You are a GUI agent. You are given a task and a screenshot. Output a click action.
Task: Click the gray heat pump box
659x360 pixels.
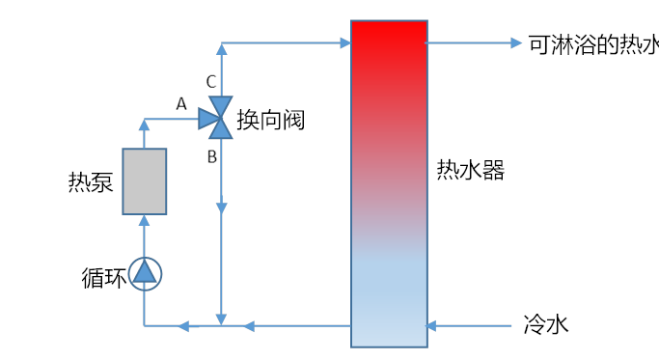pos(145,180)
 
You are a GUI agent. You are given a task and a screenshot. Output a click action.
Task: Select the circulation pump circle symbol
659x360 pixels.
pos(145,272)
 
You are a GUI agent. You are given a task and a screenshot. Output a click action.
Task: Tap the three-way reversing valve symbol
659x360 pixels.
pos(217,117)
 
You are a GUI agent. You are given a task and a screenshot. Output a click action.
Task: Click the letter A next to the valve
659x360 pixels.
pos(180,102)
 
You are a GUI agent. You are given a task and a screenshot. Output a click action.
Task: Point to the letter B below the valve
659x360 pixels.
pos(211,154)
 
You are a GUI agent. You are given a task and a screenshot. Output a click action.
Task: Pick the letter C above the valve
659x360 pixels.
pos(210,81)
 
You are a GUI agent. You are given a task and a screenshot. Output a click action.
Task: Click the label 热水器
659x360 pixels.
pos(471,171)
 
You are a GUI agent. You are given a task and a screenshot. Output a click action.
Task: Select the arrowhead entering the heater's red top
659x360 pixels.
pos(343,42)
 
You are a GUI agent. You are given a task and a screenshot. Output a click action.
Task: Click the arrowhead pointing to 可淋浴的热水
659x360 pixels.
pos(514,42)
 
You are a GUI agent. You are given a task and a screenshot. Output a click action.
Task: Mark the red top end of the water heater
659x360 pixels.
pos(389,34)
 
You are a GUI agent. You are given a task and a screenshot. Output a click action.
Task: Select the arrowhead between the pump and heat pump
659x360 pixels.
pos(145,221)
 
